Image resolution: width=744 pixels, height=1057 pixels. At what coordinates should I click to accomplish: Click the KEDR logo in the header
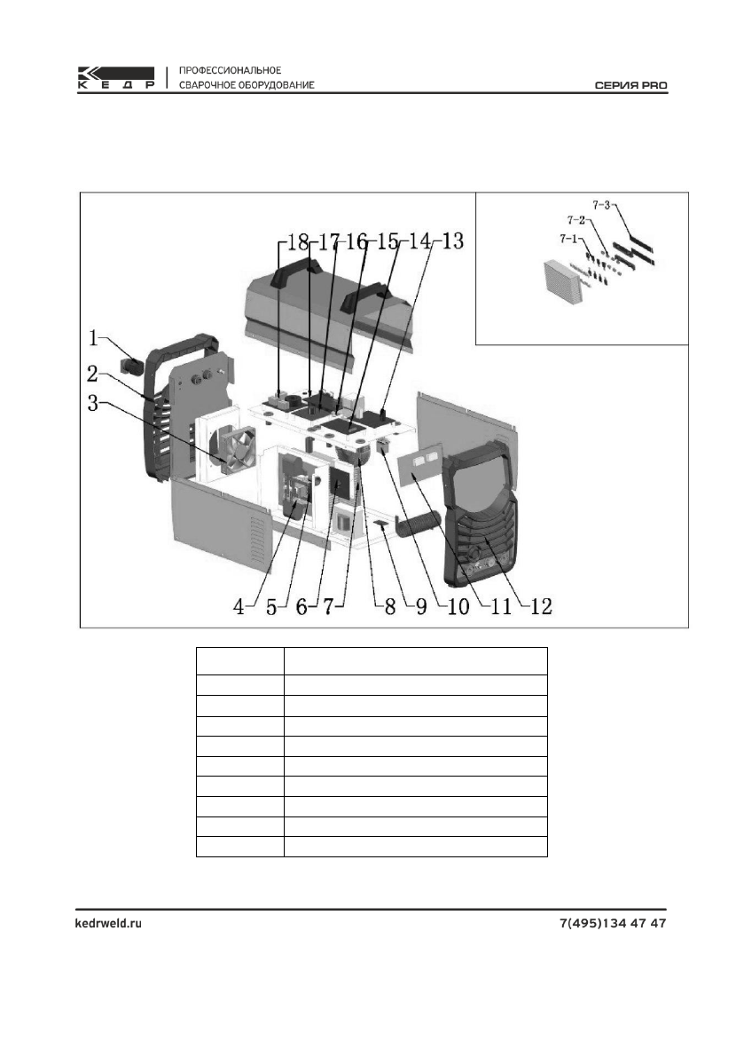pyautogui.click(x=115, y=78)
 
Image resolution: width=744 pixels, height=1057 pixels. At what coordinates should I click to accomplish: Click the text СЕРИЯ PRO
pyautogui.click(x=630, y=86)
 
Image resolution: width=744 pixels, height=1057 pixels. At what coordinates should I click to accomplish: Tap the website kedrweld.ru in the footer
pyautogui.click(x=106, y=923)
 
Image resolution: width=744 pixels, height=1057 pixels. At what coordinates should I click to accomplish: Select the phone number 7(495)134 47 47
pyautogui.click(x=613, y=923)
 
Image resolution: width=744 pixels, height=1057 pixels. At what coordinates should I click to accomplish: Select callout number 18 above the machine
pyautogui.click(x=292, y=241)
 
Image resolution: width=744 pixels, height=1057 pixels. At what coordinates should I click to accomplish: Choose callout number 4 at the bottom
pyautogui.click(x=239, y=607)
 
